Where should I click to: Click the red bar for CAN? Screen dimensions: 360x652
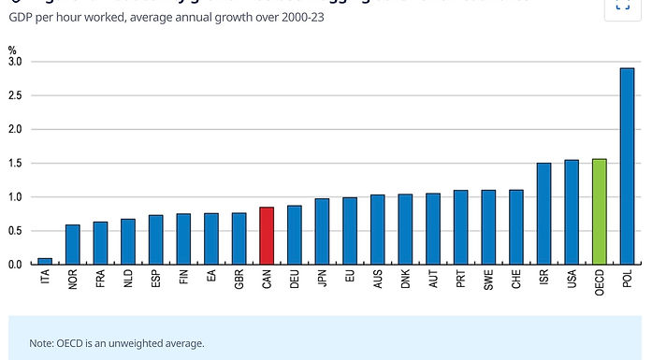pos(267,236)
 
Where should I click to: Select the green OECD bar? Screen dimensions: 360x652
pos(600,211)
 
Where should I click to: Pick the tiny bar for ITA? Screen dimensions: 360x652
pos(45,261)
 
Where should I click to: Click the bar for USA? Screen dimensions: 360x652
pos(572,212)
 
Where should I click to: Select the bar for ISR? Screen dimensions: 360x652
pos(543,214)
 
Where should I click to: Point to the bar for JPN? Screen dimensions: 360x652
pos(322,232)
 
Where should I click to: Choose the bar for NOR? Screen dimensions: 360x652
pos(72,245)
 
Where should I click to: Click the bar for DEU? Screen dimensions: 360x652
pos(294,235)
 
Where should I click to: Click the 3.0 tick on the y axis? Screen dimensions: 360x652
pos(14,62)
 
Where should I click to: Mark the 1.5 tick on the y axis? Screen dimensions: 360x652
pos(14,164)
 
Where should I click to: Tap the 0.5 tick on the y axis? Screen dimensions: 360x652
pos(14,231)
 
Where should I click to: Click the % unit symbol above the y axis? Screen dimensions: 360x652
pos(12,50)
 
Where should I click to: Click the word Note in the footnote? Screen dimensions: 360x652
pos(41,343)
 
